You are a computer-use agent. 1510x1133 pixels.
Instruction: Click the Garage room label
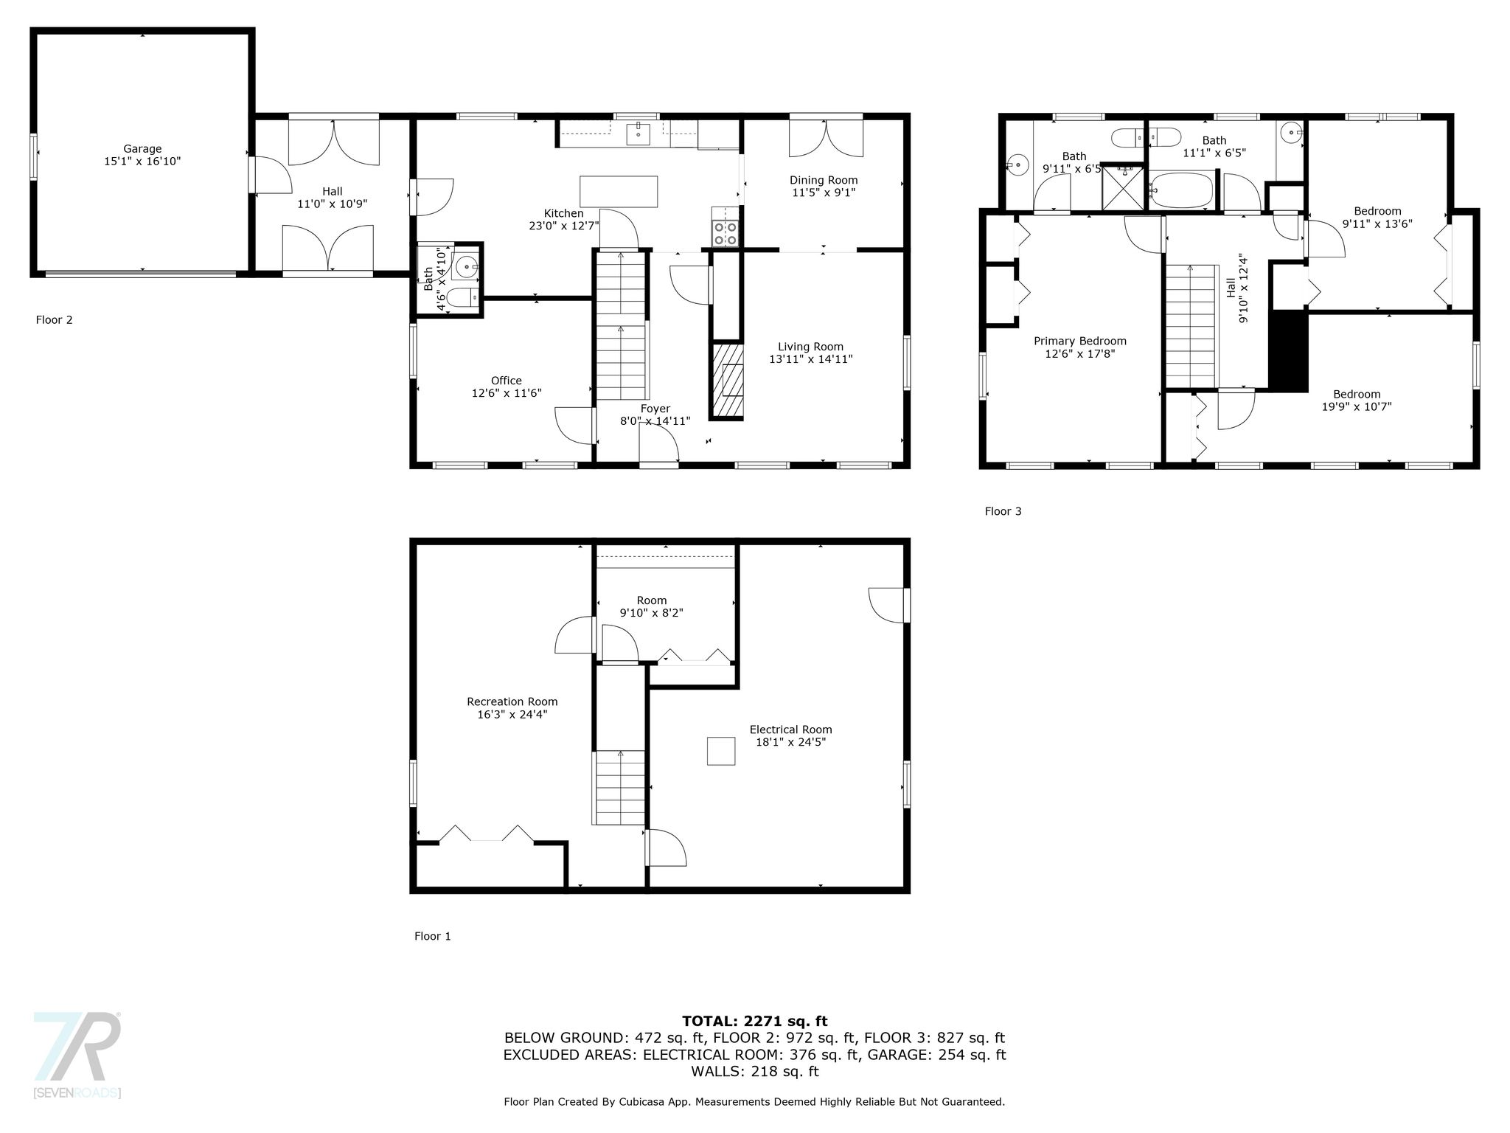142,149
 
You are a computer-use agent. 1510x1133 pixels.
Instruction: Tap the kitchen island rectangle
619,192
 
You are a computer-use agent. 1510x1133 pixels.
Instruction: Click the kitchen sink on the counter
638,134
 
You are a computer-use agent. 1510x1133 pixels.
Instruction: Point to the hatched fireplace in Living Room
728,380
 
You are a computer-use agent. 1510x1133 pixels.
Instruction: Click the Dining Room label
824,180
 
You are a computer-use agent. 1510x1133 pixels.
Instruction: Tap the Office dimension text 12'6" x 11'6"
507,393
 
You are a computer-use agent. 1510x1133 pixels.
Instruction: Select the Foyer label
655,409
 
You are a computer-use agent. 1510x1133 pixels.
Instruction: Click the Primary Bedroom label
1080,341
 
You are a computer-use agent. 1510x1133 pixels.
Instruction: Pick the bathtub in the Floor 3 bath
1181,190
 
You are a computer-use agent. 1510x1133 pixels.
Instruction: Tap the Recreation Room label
512,701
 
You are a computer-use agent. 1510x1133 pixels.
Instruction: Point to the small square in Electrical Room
721,751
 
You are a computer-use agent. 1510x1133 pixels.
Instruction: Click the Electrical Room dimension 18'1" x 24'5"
790,742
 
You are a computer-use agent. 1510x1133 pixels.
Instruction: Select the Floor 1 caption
433,936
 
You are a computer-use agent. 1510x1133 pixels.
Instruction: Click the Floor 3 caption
1003,511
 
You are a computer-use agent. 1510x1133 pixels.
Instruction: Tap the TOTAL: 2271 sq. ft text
755,1021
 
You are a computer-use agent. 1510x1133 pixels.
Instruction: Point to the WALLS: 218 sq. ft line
755,1071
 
